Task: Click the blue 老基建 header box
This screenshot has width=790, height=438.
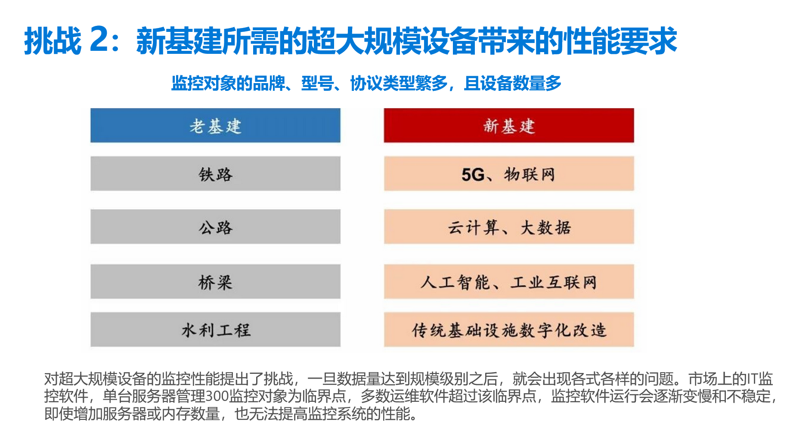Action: tap(215, 125)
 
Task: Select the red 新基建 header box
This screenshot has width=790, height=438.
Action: tap(509, 125)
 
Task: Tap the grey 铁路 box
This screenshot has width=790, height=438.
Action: tap(215, 174)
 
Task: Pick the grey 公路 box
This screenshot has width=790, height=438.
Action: tap(215, 227)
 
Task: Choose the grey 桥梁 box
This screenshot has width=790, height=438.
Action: tap(215, 282)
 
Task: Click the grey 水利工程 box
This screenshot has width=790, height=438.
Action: tap(215, 329)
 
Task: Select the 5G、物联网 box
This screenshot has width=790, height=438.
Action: tap(509, 174)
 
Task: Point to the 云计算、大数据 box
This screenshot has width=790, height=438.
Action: tap(509, 227)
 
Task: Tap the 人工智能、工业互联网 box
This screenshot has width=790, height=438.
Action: tap(509, 282)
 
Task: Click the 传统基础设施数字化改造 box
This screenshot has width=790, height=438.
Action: tap(509, 329)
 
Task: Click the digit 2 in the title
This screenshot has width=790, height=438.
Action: tap(99, 40)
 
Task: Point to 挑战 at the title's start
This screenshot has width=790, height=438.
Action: tap(53, 41)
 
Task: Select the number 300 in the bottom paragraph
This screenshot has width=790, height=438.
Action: tap(217, 396)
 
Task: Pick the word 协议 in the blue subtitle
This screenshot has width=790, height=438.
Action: tap(366, 83)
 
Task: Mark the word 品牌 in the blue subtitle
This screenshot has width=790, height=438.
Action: tap(269, 83)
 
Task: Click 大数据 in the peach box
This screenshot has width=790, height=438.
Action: tap(546, 227)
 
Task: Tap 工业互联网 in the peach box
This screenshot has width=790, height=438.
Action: tap(554, 283)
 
